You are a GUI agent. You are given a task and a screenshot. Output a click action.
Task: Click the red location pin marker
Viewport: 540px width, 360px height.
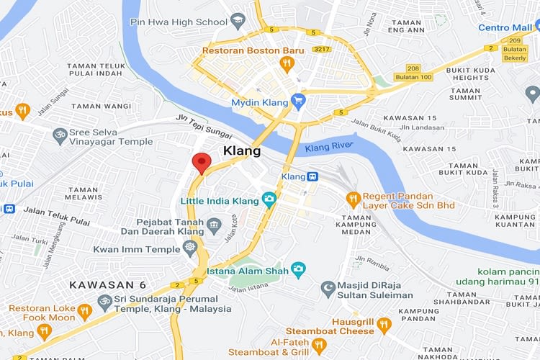[x=201, y=163]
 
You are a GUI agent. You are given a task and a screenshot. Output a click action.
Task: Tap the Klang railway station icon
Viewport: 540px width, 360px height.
[x=312, y=176]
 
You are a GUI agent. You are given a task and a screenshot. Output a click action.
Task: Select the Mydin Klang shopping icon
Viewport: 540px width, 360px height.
[x=298, y=103]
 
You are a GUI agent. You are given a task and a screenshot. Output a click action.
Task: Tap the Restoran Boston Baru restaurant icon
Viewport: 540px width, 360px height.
[x=287, y=65]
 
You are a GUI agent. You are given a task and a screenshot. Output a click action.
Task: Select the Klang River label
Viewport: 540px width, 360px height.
[x=328, y=148]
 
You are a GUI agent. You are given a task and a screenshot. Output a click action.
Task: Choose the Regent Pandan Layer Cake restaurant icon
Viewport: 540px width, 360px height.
[x=353, y=197]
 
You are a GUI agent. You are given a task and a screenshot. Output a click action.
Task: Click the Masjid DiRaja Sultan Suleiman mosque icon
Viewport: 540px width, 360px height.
[x=328, y=288]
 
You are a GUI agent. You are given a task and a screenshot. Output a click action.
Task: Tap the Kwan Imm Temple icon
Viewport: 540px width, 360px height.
[x=190, y=247]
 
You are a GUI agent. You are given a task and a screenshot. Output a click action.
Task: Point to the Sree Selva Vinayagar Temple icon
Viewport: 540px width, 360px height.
[x=59, y=135]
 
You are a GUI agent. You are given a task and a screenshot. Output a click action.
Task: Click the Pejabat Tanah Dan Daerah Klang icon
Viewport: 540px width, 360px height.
[x=214, y=228]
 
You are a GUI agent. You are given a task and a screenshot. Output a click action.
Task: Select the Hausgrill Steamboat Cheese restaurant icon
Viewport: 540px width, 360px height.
[x=384, y=324]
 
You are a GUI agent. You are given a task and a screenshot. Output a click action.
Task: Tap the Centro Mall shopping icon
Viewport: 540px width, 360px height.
[x=533, y=27]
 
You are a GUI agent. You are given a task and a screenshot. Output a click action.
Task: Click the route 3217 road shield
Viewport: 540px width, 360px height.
[x=322, y=49]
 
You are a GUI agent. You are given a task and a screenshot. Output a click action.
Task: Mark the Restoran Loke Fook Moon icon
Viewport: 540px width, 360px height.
[x=85, y=311]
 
